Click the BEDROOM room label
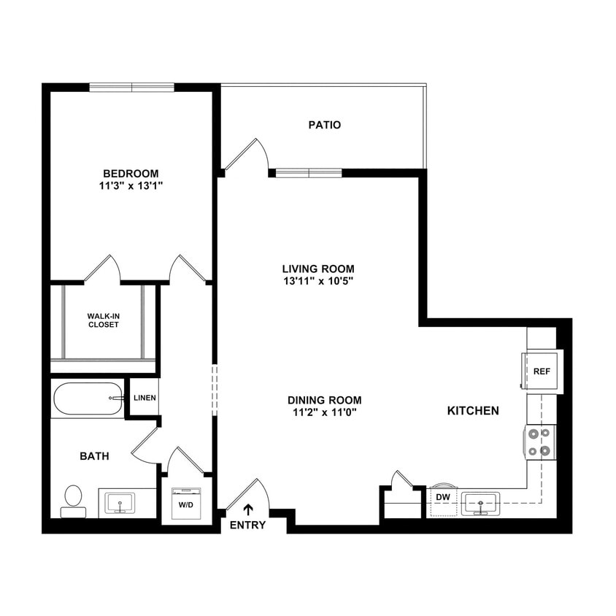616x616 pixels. (131, 173)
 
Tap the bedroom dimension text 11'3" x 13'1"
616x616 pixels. (131, 185)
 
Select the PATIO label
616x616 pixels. (324, 125)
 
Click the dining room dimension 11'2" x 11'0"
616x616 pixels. (324, 412)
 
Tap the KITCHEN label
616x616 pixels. (473, 411)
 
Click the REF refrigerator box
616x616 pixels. (541, 371)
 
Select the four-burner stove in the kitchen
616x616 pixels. (539, 442)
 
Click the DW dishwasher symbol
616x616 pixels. (442, 497)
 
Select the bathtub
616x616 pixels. (88, 399)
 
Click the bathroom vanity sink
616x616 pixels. (120, 503)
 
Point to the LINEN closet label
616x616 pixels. (145, 398)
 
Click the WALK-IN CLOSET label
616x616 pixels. (103, 320)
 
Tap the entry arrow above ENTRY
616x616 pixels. (248, 509)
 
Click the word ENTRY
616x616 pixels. (247, 525)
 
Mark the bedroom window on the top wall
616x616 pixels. (131, 88)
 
